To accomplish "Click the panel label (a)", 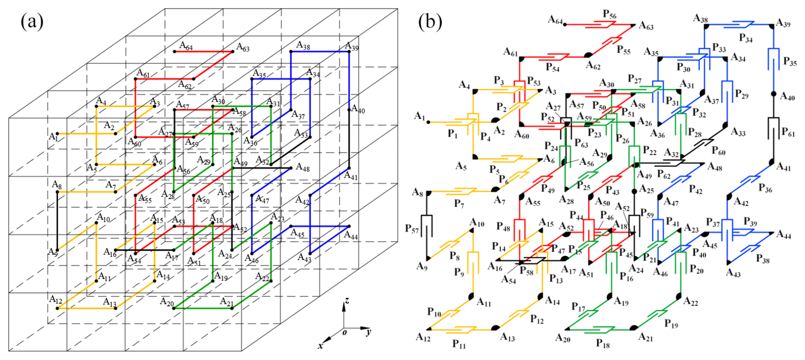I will pos(32,21).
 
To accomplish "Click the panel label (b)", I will pos(430,21).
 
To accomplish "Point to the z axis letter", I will pos(347,301).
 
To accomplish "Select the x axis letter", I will pos(320,346).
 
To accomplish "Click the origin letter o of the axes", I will pos(345,332).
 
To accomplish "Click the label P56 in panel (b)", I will pos(609,14).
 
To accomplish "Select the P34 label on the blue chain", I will pos(745,38).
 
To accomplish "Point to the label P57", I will pos(412,229).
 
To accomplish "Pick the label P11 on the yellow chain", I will pos(459,344).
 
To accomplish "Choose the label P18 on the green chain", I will pos(602,343).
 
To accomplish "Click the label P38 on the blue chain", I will pos(762,259).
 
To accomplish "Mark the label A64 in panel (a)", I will pos(186,46).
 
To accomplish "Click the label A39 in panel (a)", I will pos(352,46).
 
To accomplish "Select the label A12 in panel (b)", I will pos(423,337).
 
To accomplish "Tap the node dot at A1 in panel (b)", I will pos(428,122).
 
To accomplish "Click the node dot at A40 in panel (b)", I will pos(774,94).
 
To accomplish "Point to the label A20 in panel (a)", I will pos(167,302).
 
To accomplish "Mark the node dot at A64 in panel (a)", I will pos(174,51).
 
